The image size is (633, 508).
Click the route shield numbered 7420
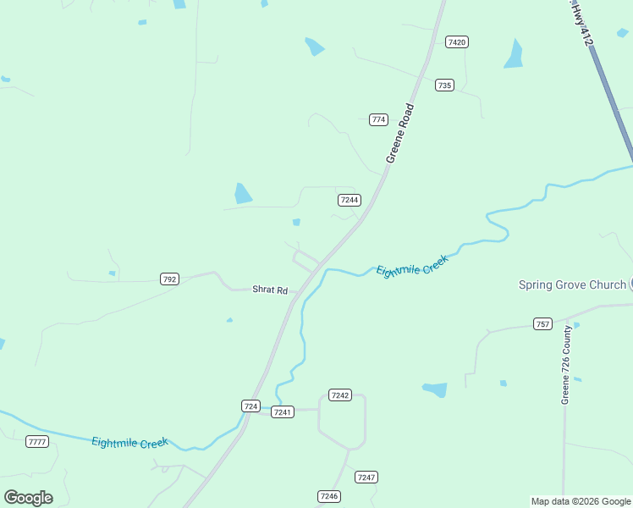click(457, 41)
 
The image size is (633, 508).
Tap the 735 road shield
click(445, 85)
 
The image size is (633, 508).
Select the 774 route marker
click(378, 119)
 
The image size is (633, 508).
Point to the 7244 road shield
click(349, 200)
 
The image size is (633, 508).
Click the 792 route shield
click(169, 279)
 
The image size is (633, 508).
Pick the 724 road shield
click(250, 406)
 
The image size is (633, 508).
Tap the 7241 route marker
click(283, 412)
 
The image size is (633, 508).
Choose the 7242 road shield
click(340, 395)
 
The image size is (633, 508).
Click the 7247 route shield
click(366, 478)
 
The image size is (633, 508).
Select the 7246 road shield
click(328, 496)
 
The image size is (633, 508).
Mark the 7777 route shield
click(37, 442)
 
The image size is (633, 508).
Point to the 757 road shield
click(542, 324)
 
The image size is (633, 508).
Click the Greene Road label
click(399, 133)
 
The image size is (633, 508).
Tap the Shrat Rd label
click(270, 290)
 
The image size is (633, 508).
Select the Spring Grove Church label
click(572, 284)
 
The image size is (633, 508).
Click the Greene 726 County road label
click(567, 365)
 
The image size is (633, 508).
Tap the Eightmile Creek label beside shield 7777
click(129, 442)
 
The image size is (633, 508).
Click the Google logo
click(28, 498)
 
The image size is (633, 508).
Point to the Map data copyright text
click(581, 501)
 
